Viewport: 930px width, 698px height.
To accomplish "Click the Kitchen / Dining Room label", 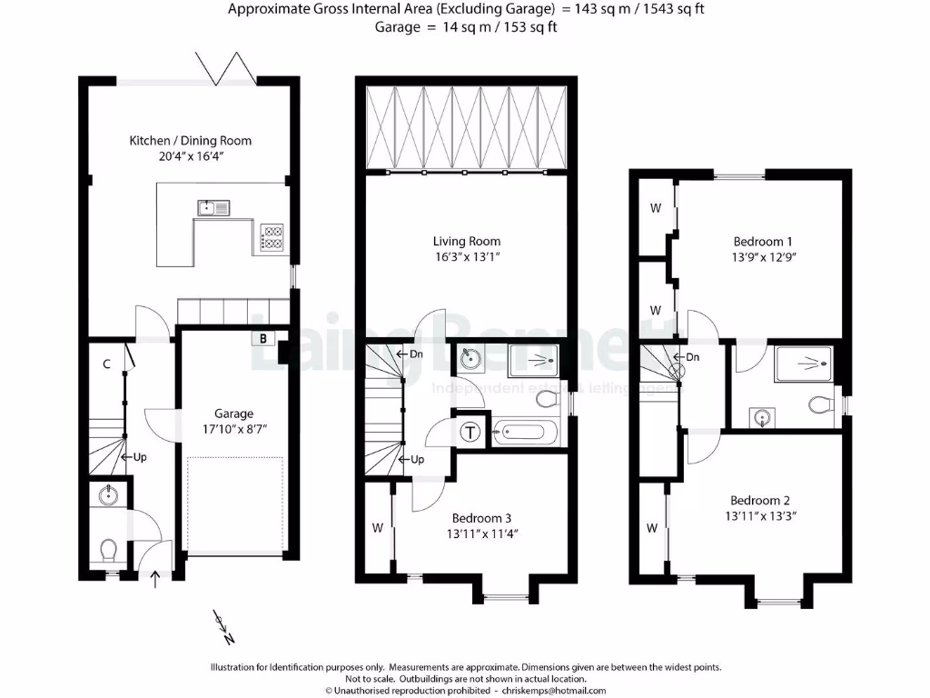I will (x=191, y=141).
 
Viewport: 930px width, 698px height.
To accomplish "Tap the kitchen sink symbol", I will (x=213, y=208).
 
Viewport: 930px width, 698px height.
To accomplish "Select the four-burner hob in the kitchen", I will (x=272, y=236).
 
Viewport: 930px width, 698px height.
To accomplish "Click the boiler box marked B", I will (x=263, y=339).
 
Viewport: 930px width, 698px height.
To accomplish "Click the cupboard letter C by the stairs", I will (x=106, y=364).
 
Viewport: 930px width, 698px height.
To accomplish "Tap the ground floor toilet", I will (x=108, y=551).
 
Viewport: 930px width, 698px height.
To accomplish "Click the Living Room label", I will (x=466, y=241).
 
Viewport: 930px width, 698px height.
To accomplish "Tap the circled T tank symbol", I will (x=471, y=432).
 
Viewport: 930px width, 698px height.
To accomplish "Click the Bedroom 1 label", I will (x=763, y=241).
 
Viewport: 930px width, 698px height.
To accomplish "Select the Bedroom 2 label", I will (x=760, y=500).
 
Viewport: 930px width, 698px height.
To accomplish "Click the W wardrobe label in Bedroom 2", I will (x=651, y=528).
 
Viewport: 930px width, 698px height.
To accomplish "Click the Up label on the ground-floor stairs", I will (x=140, y=457).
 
